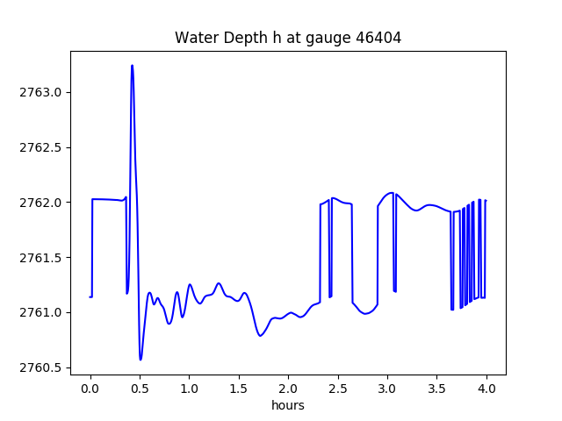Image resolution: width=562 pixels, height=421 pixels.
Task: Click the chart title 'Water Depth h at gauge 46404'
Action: click(288, 38)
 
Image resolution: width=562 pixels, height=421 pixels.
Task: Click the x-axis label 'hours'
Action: click(288, 406)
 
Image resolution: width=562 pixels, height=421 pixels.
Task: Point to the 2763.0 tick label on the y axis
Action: click(43, 92)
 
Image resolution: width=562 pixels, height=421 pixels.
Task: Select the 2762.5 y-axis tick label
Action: click(43, 147)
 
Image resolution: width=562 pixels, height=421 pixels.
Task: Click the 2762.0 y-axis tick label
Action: click(43, 203)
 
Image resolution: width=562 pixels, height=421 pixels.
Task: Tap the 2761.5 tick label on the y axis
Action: click(43, 258)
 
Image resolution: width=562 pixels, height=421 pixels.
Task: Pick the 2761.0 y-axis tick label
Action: click(43, 312)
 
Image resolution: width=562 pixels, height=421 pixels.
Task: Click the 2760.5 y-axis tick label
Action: click(43, 367)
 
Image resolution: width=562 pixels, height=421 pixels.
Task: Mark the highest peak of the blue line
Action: click(132, 65)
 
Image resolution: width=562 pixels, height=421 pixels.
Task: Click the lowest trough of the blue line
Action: click(140, 360)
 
